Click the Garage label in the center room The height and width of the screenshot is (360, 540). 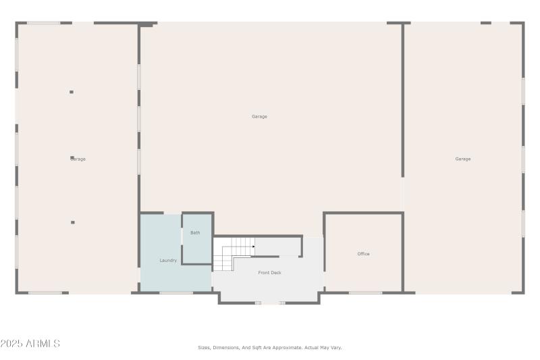pyautogui.click(x=259, y=117)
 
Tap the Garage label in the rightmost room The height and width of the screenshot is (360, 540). pyautogui.click(x=462, y=159)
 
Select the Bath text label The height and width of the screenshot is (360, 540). pyautogui.click(x=195, y=233)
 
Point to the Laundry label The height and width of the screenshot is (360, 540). pyautogui.click(x=168, y=261)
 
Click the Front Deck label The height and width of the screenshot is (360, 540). pyautogui.click(x=269, y=273)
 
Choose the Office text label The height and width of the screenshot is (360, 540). pyautogui.click(x=363, y=254)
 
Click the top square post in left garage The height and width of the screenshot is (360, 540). pyautogui.click(x=72, y=92)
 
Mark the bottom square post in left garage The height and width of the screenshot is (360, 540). pyautogui.click(x=73, y=222)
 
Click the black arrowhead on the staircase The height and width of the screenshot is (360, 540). pyautogui.click(x=253, y=247)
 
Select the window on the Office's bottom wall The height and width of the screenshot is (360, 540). pyautogui.click(x=365, y=292)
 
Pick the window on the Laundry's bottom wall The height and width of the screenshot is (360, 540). pyautogui.click(x=176, y=292)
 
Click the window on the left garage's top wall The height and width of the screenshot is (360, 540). pyautogui.click(x=43, y=23)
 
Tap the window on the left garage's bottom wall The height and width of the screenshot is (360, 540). pyautogui.click(x=45, y=292)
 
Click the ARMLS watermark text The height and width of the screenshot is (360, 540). pyautogui.click(x=43, y=344)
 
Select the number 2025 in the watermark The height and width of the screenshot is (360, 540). pyautogui.click(x=11, y=344)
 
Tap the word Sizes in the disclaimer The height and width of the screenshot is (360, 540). pyautogui.click(x=204, y=348)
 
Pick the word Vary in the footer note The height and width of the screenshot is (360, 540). pyautogui.click(x=335, y=348)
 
